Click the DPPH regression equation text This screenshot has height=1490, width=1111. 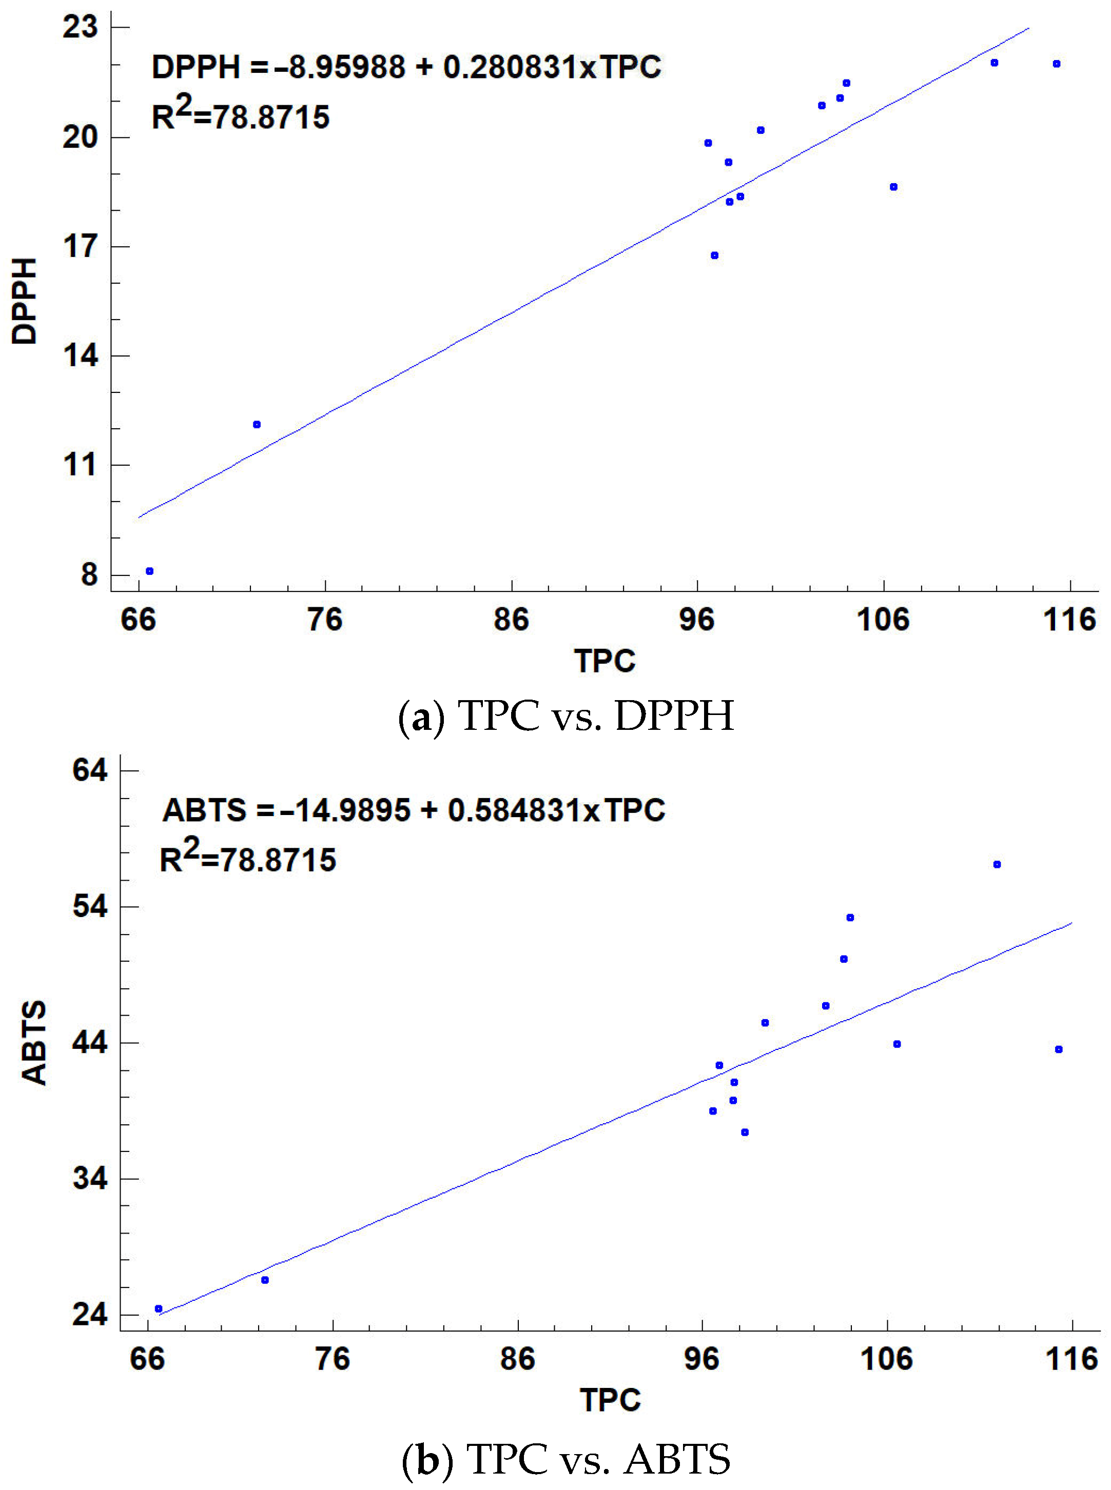coord(406,67)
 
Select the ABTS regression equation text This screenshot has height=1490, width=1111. coord(414,810)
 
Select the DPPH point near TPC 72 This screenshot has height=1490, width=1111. coord(256,424)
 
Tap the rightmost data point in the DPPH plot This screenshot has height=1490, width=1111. coord(1057,64)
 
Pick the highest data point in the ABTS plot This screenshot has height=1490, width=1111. coord(997,864)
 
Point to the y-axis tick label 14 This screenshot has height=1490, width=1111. coord(80,355)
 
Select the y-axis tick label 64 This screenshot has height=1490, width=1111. coord(89,769)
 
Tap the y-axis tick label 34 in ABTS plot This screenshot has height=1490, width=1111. coord(89,1178)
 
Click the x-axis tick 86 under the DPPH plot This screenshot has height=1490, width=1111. coord(511,619)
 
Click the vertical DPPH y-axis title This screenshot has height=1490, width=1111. coord(25,301)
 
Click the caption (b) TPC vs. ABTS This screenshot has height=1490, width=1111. coord(566,1458)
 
